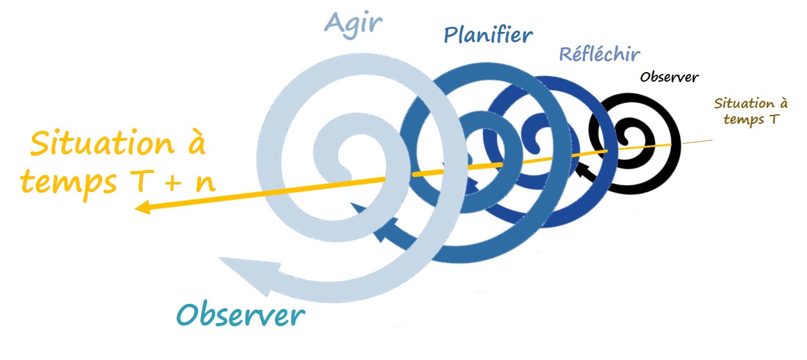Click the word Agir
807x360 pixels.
click(x=353, y=23)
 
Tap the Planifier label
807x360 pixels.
click(x=488, y=35)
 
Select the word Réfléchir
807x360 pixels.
click(x=599, y=54)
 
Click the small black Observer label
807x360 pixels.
click(x=669, y=77)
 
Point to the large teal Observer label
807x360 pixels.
click(x=241, y=315)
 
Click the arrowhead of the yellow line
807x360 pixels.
click(x=141, y=207)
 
